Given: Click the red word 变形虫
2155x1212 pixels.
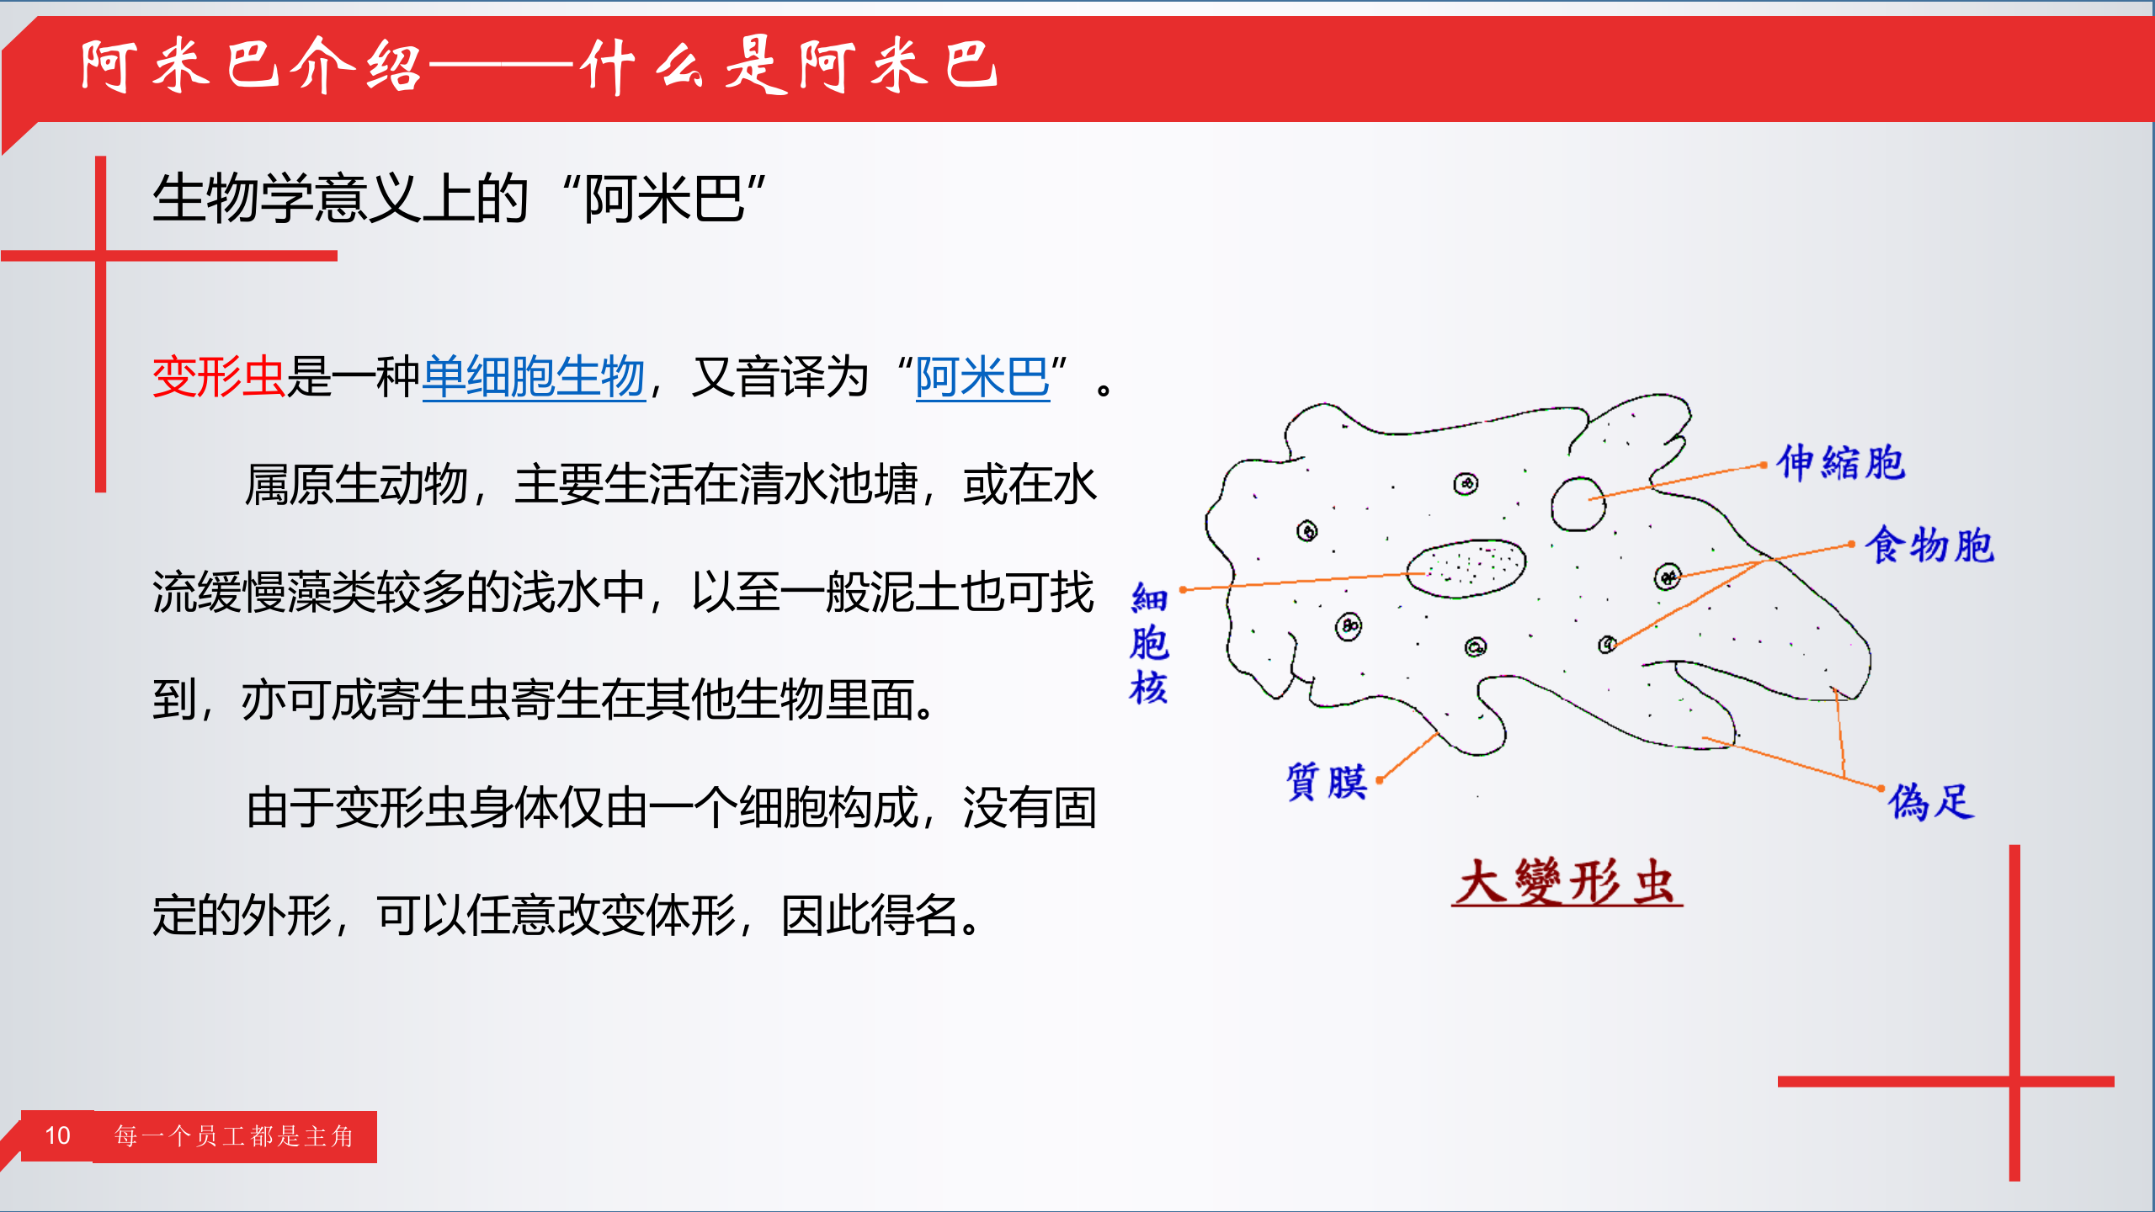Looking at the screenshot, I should [218, 376].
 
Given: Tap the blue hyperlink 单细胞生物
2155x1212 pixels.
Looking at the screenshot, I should [533, 376].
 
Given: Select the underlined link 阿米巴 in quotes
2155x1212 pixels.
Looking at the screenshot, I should [982, 376].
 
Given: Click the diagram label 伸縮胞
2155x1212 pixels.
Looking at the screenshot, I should [1840, 463].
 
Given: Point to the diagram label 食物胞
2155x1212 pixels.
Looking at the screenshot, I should [1929, 545].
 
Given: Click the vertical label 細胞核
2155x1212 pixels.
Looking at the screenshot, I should [1148, 643].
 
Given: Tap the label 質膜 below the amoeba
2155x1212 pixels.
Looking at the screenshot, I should [1326, 781].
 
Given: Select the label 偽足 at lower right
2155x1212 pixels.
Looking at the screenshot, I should [1929, 800].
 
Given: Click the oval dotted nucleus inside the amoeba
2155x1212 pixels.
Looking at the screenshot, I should [1466, 568].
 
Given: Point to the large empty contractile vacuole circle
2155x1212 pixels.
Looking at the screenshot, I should [1578, 503].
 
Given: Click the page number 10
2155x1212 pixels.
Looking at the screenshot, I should [57, 1135].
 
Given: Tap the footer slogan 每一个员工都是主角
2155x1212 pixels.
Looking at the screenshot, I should [234, 1136].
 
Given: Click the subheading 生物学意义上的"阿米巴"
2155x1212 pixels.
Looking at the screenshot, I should [459, 199].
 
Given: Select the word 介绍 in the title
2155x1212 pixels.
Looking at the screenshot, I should [356, 66].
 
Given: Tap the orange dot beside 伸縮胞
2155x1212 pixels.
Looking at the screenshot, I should [1764, 465].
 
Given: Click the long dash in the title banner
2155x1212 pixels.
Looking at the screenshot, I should [502, 66].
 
